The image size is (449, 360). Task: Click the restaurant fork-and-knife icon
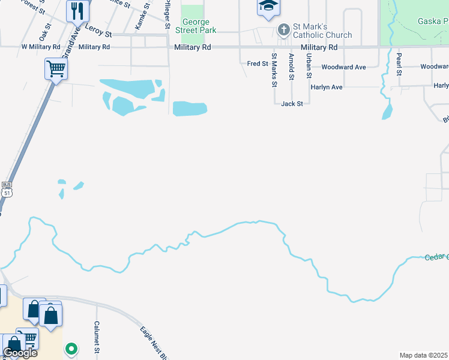[77, 11]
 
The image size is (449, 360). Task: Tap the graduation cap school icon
[268, 7]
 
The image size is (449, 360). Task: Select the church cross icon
[283, 29]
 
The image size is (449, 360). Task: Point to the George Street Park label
[195, 26]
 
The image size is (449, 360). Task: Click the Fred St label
[257, 63]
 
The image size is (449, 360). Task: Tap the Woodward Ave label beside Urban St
[343, 67]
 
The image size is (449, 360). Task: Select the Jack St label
[292, 103]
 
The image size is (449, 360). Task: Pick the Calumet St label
[96, 337]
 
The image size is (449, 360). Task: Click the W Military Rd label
[41, 46]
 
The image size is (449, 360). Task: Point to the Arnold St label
[291, 66]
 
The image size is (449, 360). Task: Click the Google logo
[20, 352]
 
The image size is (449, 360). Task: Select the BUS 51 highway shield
[7, 189]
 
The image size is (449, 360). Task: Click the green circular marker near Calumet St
[71, 349]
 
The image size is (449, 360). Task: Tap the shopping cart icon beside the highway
[56, 68]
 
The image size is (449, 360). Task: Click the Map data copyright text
[423, 355]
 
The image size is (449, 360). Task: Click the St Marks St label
[274, 70]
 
